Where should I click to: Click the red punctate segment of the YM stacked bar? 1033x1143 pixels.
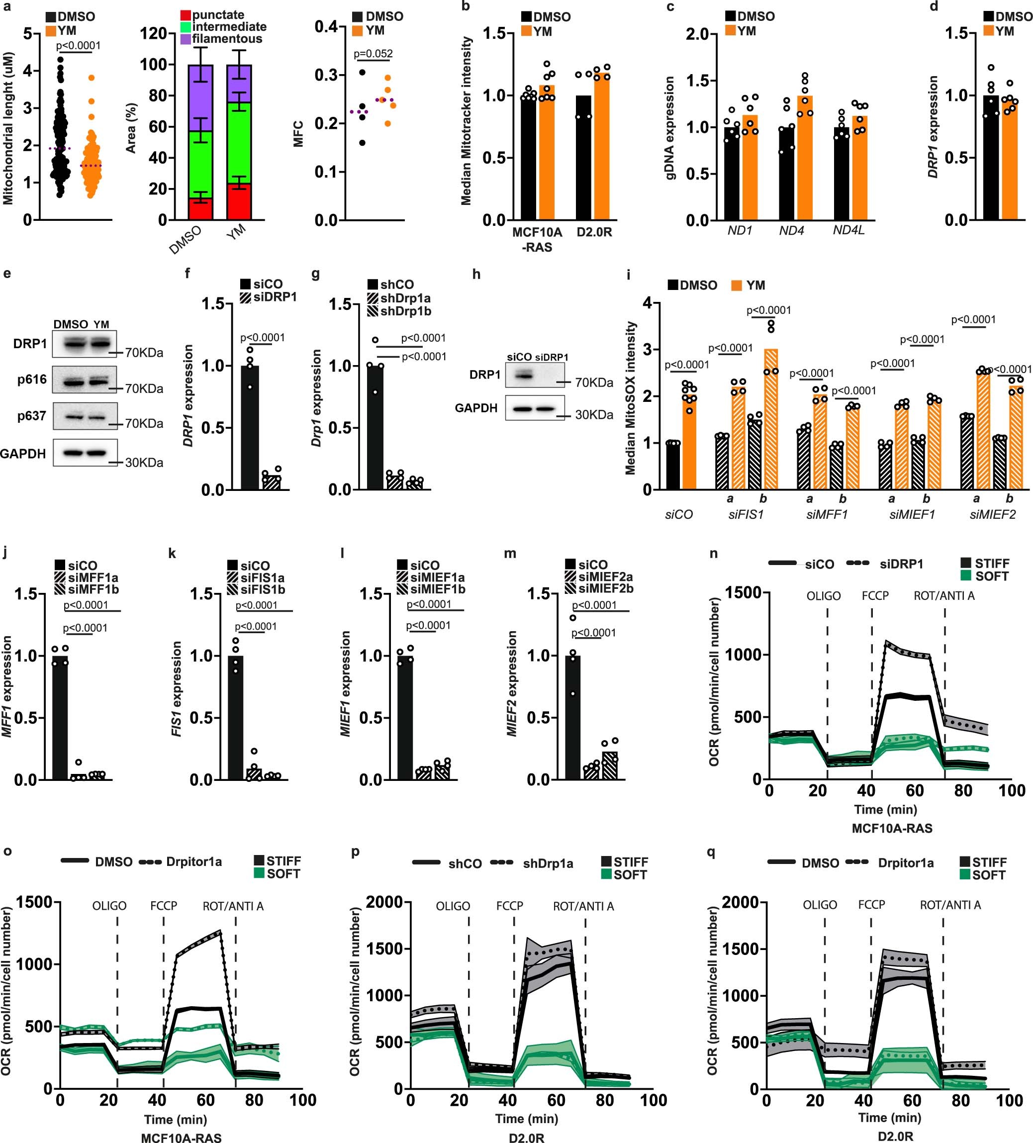[239, 201]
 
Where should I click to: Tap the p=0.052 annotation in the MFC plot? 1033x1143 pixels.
[373, 54]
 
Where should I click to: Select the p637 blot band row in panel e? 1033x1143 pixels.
[85, 417]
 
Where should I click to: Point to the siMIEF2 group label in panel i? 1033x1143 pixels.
[992, 515]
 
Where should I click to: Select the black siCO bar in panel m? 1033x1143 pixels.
[572, 717]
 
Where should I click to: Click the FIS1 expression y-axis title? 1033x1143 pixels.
[177, 688]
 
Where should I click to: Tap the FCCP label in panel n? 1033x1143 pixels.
[875, 596]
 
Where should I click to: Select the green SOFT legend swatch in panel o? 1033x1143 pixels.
[259, 874]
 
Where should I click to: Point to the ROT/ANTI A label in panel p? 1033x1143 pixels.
[583, 907]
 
